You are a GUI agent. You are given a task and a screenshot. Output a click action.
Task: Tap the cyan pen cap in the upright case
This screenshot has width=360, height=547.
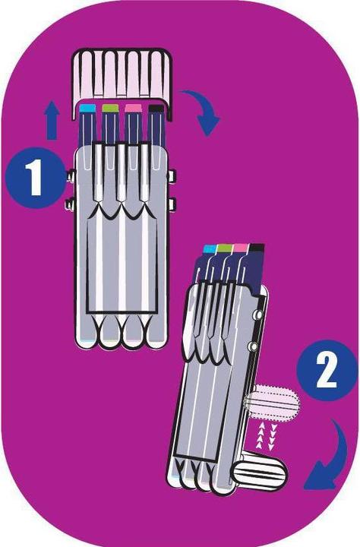pos(88,109)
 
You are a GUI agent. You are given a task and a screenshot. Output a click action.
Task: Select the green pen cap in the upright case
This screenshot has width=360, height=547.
pos(111,109)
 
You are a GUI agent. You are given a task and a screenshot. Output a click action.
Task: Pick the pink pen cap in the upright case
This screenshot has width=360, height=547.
pos(134,109)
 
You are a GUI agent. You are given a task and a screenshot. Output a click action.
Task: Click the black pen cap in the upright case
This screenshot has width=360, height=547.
pos(156,109)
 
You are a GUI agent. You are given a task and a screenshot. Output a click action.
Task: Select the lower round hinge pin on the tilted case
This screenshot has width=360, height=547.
pos(252,347)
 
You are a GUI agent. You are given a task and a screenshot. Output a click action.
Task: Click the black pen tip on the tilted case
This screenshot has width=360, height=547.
pos(256,248)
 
